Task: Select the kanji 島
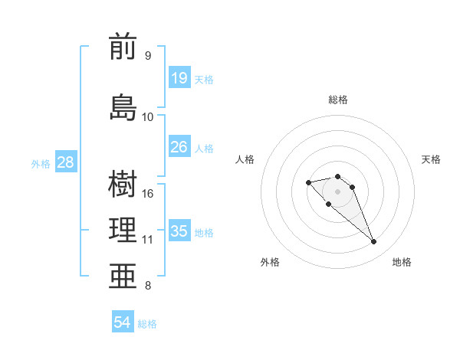click(x=123, y=106)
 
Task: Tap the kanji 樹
click(x=123, y=185)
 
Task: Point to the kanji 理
click(x=123, y=230)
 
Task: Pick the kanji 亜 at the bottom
click(x=123, y=277)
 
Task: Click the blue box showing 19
click(x=179, y=77)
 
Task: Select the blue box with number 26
click(x=179, y=146)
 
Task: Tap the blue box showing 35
click(x=179, y=231)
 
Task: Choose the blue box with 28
click(x=65, y=162)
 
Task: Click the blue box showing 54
click(x=123, y=322)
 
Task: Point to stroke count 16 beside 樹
click(x=148, y=194)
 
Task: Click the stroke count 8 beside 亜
click(x=148, y=286)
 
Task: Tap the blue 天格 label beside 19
click(x=204, y=79)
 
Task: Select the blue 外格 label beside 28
click(x=41, y=163)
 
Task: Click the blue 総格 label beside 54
click(x=147, y=324)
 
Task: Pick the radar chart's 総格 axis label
click(x=338, y=100)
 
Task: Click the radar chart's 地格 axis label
click(x=402, y=262)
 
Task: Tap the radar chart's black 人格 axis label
click(x=245, y=159)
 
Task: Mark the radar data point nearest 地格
click(x=374, y=242)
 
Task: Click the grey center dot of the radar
click(x=337, y=191)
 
